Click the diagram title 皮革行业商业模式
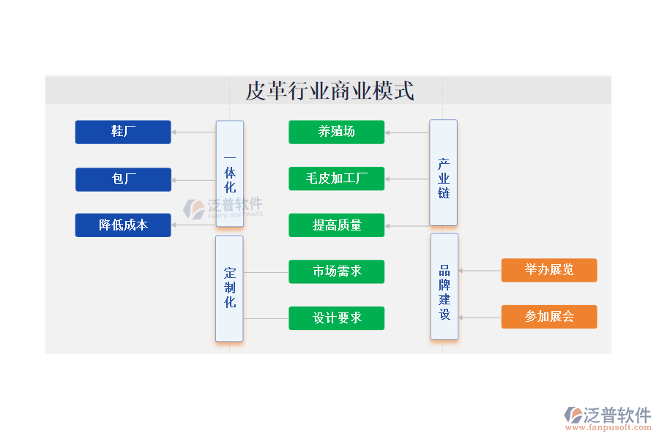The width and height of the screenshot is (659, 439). pyautogui.click(x=329, y=91)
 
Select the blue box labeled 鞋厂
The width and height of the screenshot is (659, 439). pyautogui.click(x=123, y=132)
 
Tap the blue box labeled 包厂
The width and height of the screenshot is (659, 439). pyautogui.click(x=123, y=179)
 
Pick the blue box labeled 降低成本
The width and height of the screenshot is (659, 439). pyautogui.click(x=123, y=225)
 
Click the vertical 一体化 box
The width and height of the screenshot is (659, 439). pyautogui.click(x=230, y=174)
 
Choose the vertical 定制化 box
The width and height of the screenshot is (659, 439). pyautogui.click(x=230, y=288)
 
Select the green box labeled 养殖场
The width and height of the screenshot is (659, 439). pyautogui.click(x=336, y=132)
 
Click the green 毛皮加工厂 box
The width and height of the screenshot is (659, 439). pyautogui.click(x=336, y=179)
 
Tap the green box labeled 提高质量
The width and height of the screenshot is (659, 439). pyautogui.click(x=336, y=225)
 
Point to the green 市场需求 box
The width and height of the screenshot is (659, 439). pyautogui.click(x=336, y=271)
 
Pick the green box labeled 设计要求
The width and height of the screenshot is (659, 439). pyautogui.click(x=336, y=318)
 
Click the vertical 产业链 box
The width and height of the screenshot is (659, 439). pyautogui.click(x=444, y=173)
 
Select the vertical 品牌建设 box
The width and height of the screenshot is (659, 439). pyautogui.click(x=444, y=286)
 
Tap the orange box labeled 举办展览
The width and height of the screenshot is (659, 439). pyautogui.click(x=549, y=270)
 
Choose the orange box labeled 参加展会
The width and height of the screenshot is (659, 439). pyautogui.click(x=549, y=317)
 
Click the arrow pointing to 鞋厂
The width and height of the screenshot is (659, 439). pyautogui.click(x=193, y=132)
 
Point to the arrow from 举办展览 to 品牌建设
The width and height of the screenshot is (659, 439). pyautogui.click(x=480, y=271)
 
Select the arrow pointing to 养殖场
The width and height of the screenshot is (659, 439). pyautogui.click(x=407, y=133)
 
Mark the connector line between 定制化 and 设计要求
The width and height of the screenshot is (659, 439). pyautogui.click(x=266, y=318)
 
